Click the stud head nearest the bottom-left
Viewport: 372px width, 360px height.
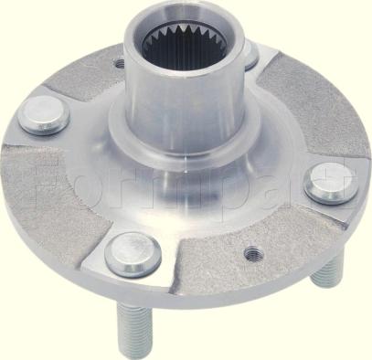[133, 256]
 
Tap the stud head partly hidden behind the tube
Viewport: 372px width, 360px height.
[249, 57]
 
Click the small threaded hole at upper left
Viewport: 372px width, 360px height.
[120, 64]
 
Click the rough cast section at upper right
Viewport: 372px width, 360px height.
[306, 110]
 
